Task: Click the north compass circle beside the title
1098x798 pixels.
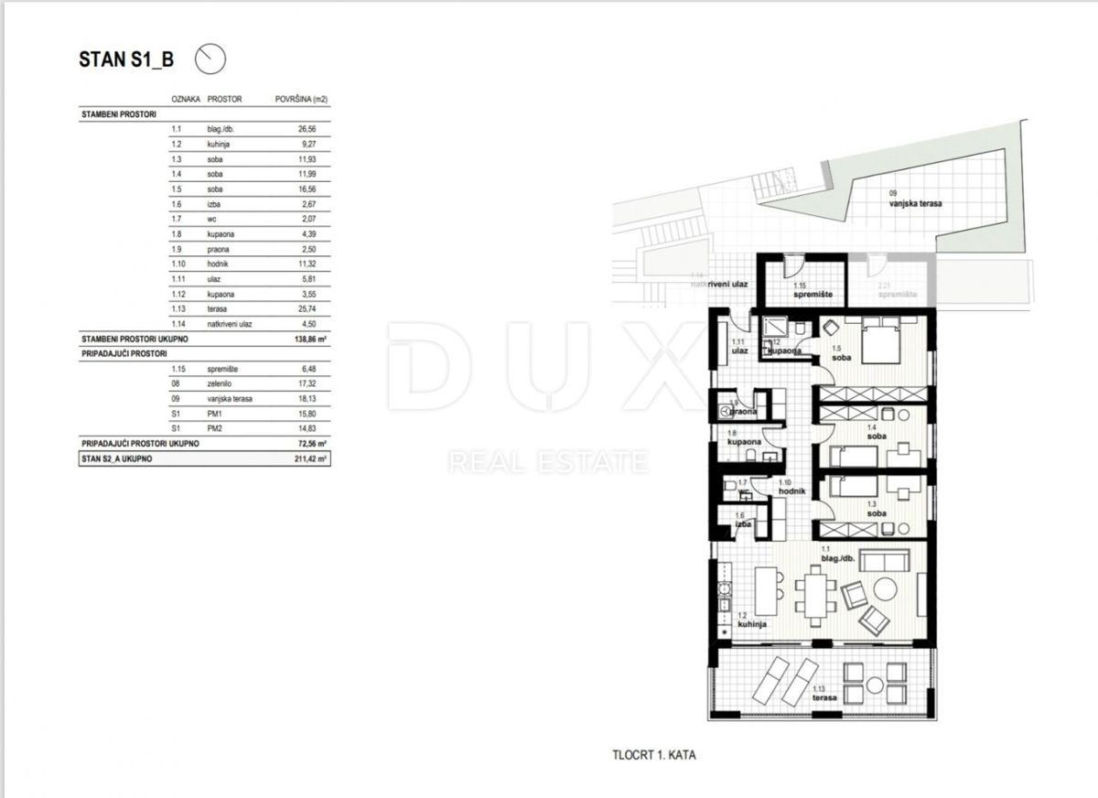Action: (x=210, y=59)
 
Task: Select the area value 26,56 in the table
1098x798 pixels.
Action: (x=287, y=129)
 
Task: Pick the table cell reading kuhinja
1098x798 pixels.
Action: (x=221, y=145)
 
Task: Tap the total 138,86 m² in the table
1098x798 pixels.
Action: (x=300, y=339)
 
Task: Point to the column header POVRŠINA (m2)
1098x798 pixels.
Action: (x=301, y=98)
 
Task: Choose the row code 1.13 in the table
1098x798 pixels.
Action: (x=178, y=309)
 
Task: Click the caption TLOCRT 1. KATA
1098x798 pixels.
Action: (x=654, y=756)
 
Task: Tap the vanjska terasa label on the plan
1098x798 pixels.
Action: (x=914, y=203)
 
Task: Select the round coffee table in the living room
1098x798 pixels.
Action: (x=885, y=589)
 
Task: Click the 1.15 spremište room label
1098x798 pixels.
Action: (x=805, y=294)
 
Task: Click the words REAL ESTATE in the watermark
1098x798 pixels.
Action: (x=548, y=462)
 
